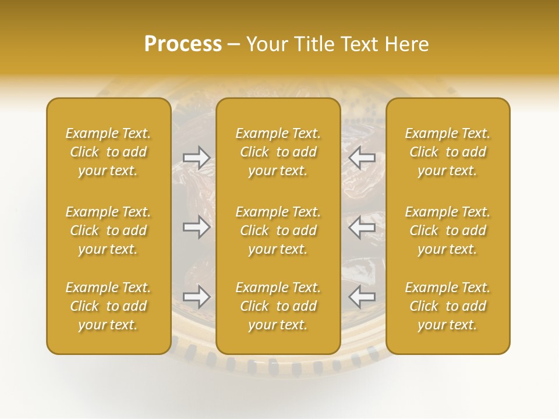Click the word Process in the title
pyautogui.click(x=183, y=44)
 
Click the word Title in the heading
pyautogui.click(x=311, y=44)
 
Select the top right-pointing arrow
pyautogui.click(x=197, y=157)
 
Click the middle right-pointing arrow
pyautogui.click(x=197, y=227)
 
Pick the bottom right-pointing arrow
pyautogui.click(x=197, y=297)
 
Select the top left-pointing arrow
pyautogui.click(x=362, y=157)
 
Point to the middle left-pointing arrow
pyautogui.click(x=362, y=227)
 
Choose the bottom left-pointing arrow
pyautogui.click(x=362, y=297)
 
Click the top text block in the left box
pyautogui.click(x=108, y=152)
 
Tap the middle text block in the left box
pyautogui.click(x=108, y=230)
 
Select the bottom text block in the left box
pyautogui.click(x=108, y=306)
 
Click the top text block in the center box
pyautogui.click(x=278, y=152)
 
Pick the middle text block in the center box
pyautogui.click(x=278, y=230)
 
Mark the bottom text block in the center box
pyautogui.click(x=278, y=306)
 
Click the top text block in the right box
pyautogui.click(x=448, y=152)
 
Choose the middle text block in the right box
pyautogui.click(x=448, y=230)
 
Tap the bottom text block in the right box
pyautogui.click(x=448, y=306)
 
